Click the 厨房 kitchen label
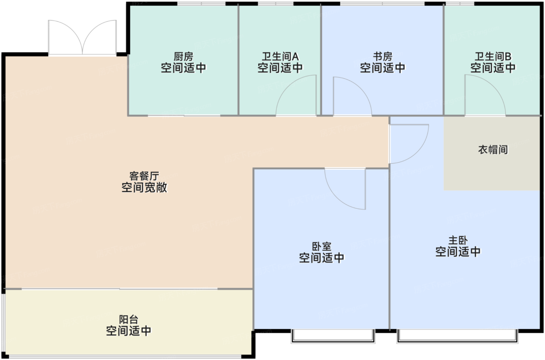[183, 56]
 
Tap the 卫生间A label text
[280, 56]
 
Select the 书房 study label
[383, 56]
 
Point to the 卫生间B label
[493, 56]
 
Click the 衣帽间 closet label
[493, 149]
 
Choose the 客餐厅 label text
[144, 176]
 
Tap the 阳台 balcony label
[128, 320]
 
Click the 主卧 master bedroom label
[458, 240]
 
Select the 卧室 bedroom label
[322, 247]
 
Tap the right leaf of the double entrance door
[99, 37]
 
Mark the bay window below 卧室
[333, 336]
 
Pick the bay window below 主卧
[457, 336]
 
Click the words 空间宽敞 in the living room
[144, 187]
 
